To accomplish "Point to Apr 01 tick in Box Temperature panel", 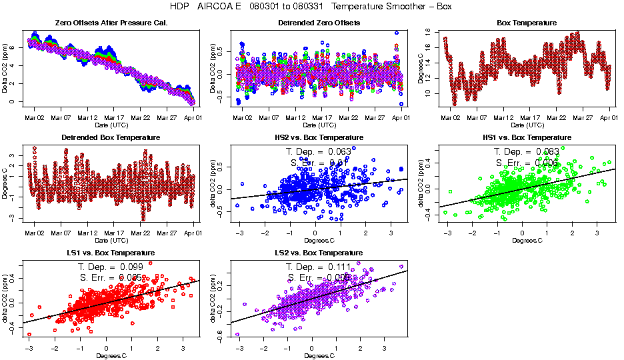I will click(609, 117).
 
